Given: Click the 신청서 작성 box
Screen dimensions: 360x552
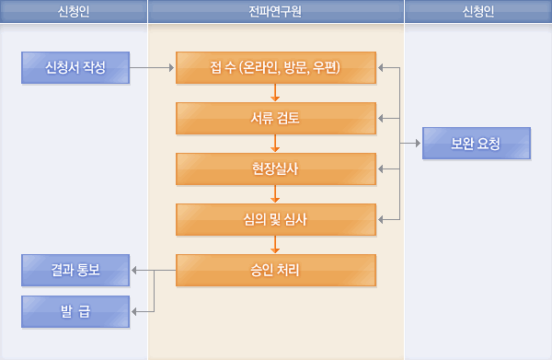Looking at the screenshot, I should coord(75,67).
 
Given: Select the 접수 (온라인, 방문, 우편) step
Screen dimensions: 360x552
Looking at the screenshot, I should coord(276,67).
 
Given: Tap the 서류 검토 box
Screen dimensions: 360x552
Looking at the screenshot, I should coord(276,118).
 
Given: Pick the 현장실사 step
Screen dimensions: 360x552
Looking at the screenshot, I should coord(276,168).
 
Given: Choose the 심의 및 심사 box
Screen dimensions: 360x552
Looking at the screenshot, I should coord(276,219).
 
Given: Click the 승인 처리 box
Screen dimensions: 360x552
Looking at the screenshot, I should coord(276,270).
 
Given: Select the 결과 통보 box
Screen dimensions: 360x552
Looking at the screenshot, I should coord(75,270).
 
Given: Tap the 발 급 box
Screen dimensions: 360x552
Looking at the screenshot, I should coord(75,311).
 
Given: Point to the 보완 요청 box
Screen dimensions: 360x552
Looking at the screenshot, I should coord(477,144).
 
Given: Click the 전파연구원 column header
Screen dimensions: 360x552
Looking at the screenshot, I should coord(276,11).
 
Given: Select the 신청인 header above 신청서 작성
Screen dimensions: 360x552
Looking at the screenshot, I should coord(74,11).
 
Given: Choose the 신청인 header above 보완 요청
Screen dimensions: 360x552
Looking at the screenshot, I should coord(478,11).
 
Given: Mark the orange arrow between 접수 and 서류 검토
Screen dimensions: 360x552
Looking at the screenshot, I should coord(276,92).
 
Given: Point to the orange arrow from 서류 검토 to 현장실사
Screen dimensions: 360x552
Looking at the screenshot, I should coord(276,143).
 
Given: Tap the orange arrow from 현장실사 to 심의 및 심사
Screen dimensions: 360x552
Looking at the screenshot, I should coord(276,193).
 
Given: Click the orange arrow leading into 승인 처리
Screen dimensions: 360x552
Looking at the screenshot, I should coord(276,244).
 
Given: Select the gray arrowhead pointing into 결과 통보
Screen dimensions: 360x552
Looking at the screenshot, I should coord(136,270).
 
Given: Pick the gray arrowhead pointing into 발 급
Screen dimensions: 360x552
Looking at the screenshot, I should coord(136,311).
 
